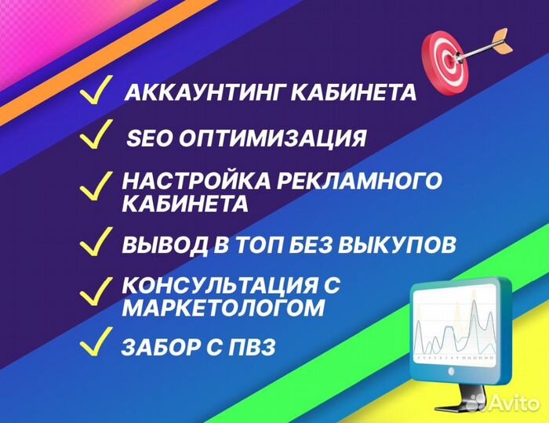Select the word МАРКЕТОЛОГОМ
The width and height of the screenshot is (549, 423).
coord(223,308)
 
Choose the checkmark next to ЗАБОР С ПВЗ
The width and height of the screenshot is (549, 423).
coord(96,342)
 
